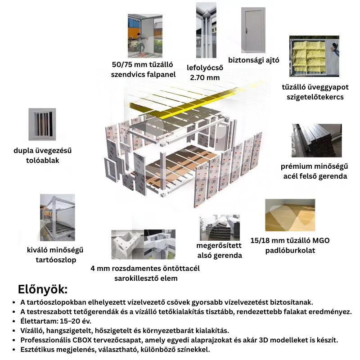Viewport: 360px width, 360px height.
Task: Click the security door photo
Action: point(253,30)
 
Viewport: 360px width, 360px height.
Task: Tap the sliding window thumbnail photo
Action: point(42,124)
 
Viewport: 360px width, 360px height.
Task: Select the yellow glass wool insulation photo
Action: point(314,56)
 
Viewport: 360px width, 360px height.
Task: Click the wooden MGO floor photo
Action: point(290,215)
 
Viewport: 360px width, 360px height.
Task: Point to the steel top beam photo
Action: point(317,140)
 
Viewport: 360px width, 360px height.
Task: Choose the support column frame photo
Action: point(58,217)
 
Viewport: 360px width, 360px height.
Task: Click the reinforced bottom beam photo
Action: point(220,228)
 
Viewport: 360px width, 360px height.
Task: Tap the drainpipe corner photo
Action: point(206,30)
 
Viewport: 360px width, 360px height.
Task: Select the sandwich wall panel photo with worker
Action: point(145,36)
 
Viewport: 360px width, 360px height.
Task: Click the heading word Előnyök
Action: point(43,289)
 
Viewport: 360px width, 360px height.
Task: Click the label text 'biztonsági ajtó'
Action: point(254,60)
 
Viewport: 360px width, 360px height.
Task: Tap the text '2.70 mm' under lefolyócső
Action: point(205,77)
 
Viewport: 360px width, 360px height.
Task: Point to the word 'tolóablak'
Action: point(42,160)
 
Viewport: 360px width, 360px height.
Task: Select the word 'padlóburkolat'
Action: point(290,251)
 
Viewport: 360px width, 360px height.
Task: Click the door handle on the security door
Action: point(247,30)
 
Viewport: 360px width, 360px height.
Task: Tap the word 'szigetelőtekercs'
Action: point(315,97)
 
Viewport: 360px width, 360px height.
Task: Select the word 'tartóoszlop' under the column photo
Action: point(56,260)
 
